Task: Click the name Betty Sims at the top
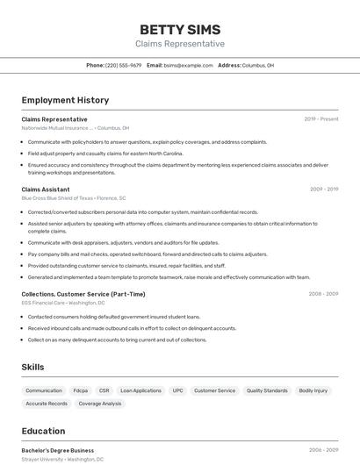180,29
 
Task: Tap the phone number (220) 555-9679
123,65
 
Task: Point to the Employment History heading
65,100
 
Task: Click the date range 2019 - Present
321,119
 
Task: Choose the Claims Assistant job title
46,189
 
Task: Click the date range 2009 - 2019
324,189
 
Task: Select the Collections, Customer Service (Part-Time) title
83,294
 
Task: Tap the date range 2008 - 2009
323,294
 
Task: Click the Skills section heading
33,367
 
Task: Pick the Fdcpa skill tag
80,390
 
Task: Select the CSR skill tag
104,390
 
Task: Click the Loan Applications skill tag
140,390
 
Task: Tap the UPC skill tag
177,390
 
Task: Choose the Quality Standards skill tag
267,390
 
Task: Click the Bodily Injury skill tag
313,390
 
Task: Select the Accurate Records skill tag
47,404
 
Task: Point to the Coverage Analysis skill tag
100,404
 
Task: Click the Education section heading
43,431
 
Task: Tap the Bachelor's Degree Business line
58,450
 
